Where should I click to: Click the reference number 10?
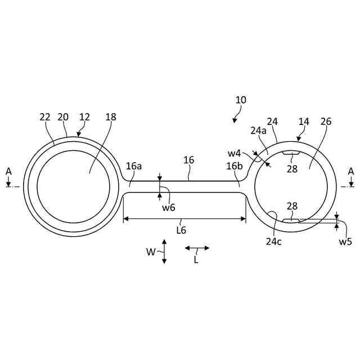tap(241, 100)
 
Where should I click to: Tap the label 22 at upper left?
tap(45, 117)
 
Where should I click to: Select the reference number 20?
tap(63, 117)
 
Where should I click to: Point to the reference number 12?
tap(84, 117)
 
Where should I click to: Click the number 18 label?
tap(111, 117)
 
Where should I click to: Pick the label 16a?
tap(134, 166)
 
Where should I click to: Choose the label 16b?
tap(235, 166)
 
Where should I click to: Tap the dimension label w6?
tap(168, 208)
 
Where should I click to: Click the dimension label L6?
tap(181, 229)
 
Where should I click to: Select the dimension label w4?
tap(235, 152)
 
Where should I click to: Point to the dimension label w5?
tap(345, 242)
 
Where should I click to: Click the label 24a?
tap(258, 130)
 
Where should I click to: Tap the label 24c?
tap(274, 241)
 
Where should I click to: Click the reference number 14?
tap(304, 121)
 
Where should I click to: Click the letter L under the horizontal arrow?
tap(196, 260)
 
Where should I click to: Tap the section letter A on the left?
tap(8, 170)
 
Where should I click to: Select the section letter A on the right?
tap(351, 170)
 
